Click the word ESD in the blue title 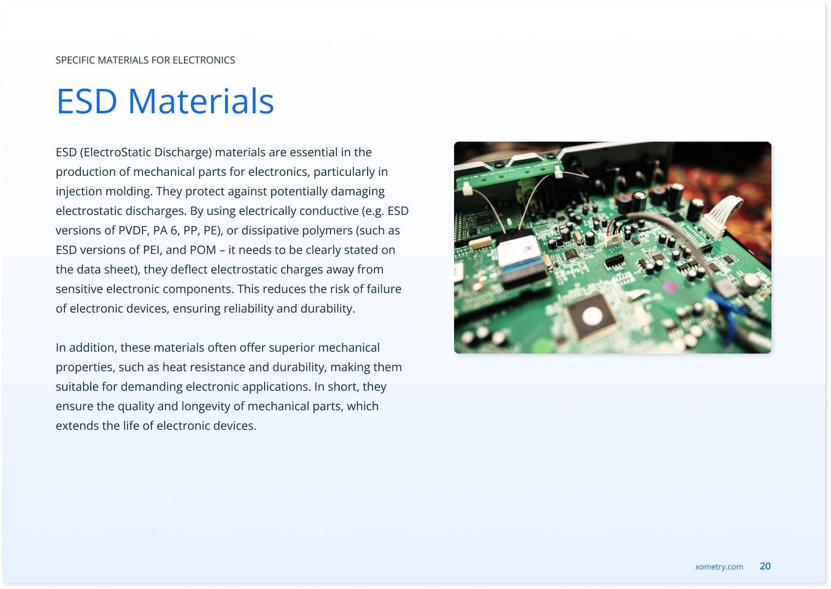87,101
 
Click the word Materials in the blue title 201,101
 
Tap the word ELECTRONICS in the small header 204,60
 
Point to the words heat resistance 204,367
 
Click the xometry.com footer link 719,567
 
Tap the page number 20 765,566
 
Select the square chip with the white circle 592,316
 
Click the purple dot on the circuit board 669,287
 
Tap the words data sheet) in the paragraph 107,270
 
